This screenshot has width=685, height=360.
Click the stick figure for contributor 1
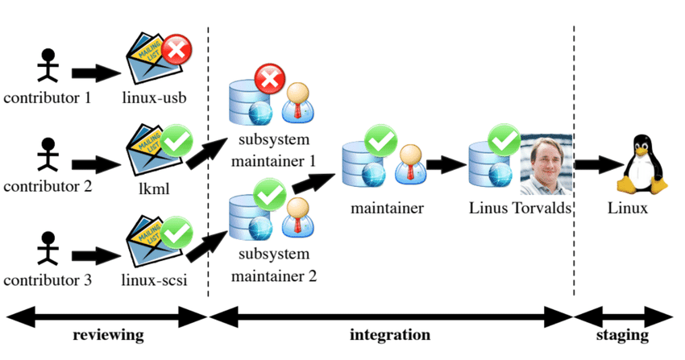pyautogui.click(x=48, y=66)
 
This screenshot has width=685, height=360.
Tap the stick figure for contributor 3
pyautogui.click(x=48, y=249)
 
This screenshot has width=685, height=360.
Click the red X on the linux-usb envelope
pyautogui.click(x=175, y=52)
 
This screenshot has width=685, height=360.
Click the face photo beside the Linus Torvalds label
pyautogui.click(x=546, y=165)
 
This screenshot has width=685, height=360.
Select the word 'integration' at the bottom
pyautogui.click(x=390, y=334)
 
